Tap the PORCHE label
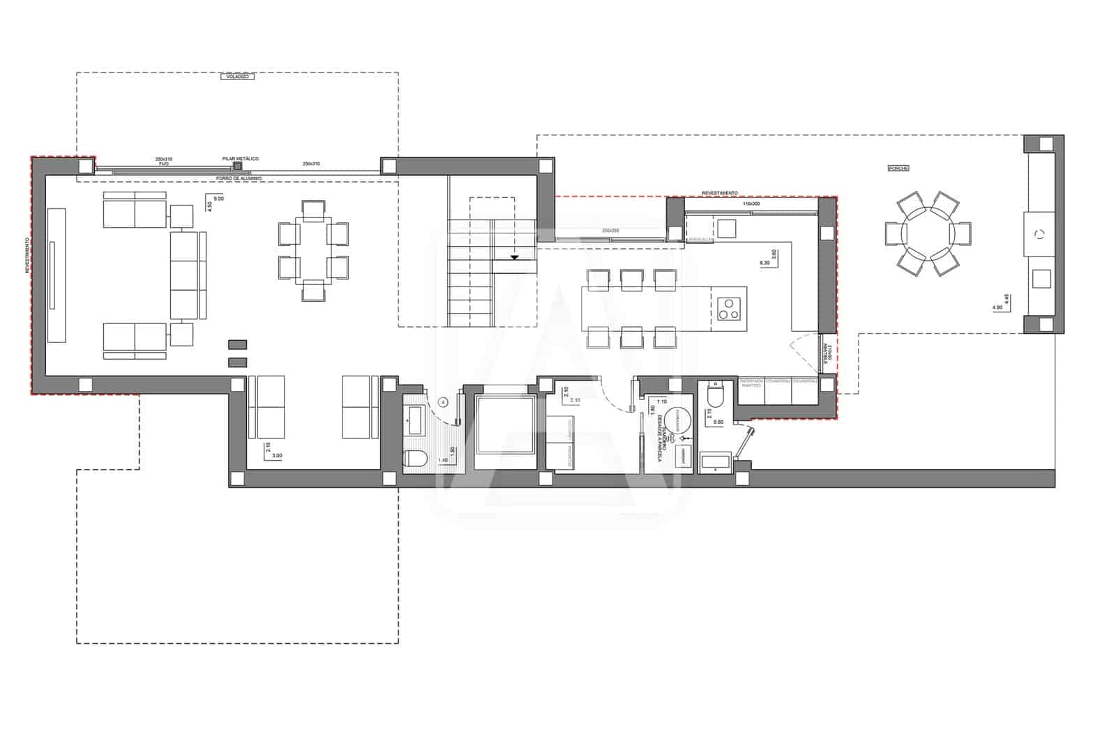[x=898, y=168]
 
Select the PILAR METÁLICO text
[x=240, y=159]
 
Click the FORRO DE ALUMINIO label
[x=240, y=178]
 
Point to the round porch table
[x=928, y=231]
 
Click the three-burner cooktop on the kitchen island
[x=729, y=307]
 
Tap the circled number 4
[x=443, y=402]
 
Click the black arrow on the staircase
[x=515, y=258]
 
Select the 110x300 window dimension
[x=751, y=204]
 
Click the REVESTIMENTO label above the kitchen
[x=719, y=193]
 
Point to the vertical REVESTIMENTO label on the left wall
[x=27, y=254]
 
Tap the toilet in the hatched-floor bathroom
[x=416, y=459]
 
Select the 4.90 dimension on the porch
[x=996, y=307]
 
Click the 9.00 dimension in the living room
[x=218, y=199]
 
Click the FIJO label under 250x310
[x=163, y=163]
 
